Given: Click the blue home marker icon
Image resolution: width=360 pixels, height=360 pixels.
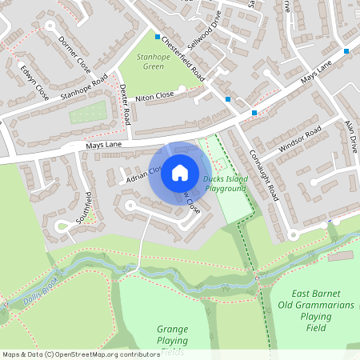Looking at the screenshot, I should coord(180,172).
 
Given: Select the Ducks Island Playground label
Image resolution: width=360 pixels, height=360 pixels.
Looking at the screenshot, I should coord(224,183).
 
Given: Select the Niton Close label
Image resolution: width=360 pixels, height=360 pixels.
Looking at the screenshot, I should coord(154,97).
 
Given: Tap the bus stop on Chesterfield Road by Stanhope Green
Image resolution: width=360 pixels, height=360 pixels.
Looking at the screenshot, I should coord(157,34).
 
